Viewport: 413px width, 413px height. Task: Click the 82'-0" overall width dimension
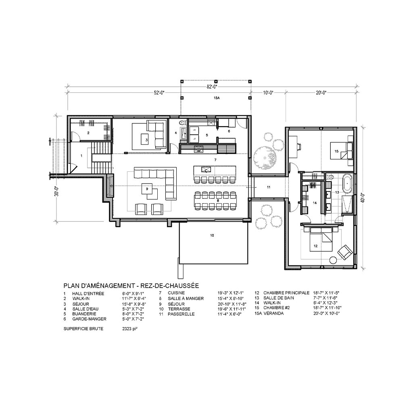coord(212,87)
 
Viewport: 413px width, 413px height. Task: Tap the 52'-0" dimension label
coord(159,92)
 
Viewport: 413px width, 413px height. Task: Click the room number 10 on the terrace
coord(212,235)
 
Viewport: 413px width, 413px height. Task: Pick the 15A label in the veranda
coord(217,98)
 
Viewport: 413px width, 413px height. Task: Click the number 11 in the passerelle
coord(269,187)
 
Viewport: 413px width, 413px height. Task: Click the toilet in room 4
coord(182,123)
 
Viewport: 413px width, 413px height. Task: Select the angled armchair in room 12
coord(345,252)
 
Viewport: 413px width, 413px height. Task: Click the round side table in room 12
coord(333,260)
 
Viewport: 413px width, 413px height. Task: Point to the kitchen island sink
coord(206,169)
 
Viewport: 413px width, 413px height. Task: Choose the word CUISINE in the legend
coord(176,293)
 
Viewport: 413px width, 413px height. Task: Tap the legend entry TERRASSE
coord(179,309)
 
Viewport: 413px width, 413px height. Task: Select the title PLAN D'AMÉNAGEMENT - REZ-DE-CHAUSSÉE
coord(131,286)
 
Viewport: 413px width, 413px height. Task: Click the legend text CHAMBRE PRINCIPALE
coord(286,293)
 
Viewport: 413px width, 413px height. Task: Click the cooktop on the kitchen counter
coord(198,149)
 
